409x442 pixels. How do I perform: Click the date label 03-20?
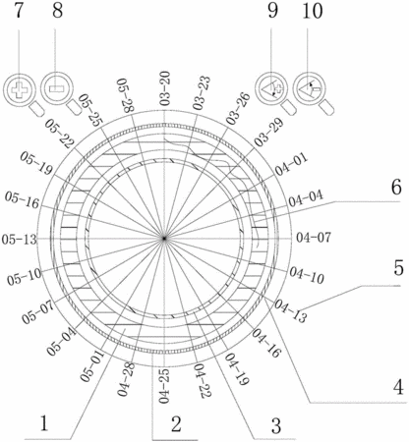point(165,88)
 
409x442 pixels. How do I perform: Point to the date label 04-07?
point(314,238)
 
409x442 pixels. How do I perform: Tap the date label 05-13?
point(19,240)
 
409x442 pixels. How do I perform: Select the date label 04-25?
point(164,386)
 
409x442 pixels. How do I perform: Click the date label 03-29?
point(268,133)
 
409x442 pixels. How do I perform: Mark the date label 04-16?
point(266,343)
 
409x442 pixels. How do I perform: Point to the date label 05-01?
point(92,365)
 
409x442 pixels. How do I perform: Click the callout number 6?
point(396,188)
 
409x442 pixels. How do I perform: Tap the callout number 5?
point(398,269)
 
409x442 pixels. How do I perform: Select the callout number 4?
point(398,388)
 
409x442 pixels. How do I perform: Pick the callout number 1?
point(44,423)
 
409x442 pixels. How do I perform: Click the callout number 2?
point(176,424)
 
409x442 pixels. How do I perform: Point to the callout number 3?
point(276,426)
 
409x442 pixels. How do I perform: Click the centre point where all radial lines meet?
point(164,239)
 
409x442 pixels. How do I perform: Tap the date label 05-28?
point(126,95)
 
